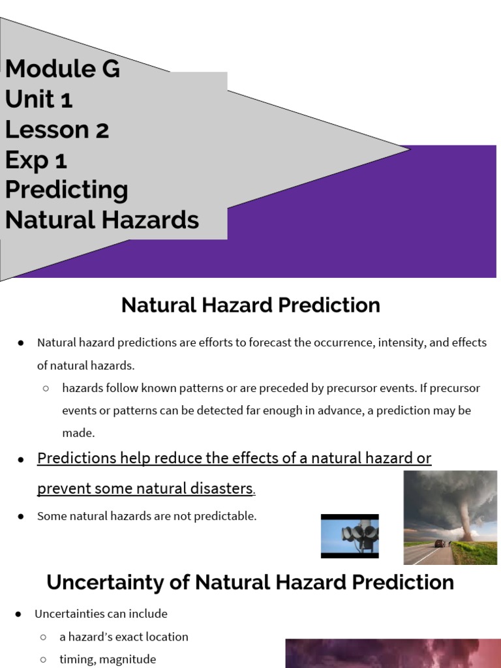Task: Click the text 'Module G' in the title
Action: (x=63, y=68)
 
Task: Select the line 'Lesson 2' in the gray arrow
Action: (x=57, y=129)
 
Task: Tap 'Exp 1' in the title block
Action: (x=36, y=160)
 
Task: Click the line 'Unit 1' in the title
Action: (x=38, y=99)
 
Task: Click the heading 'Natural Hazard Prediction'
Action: (x=250, y=305)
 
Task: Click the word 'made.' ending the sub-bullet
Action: (x=78, y=433)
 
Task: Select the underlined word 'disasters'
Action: (x=220, y=488)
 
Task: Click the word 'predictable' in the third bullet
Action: (x=227, y=516)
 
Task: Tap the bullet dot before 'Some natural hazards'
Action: (x=21, y=517)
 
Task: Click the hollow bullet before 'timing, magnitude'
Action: (x=43, y=660)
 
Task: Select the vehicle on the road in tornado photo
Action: (x=440, y=543)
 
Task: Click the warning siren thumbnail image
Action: (x=350, y=536)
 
